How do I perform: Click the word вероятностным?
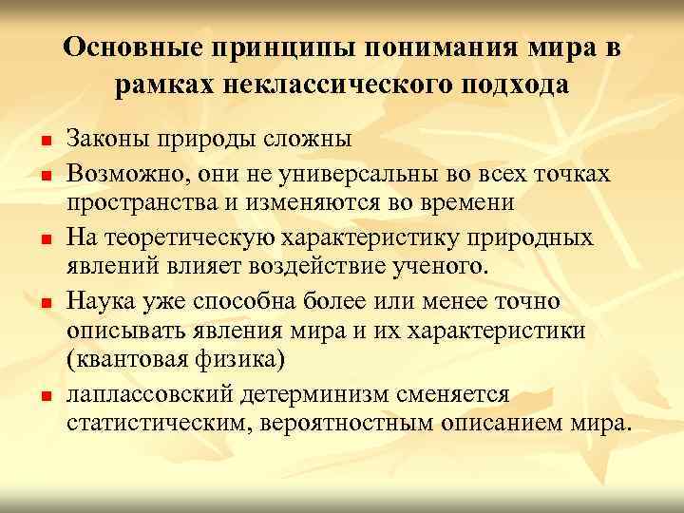coord(349,423)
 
